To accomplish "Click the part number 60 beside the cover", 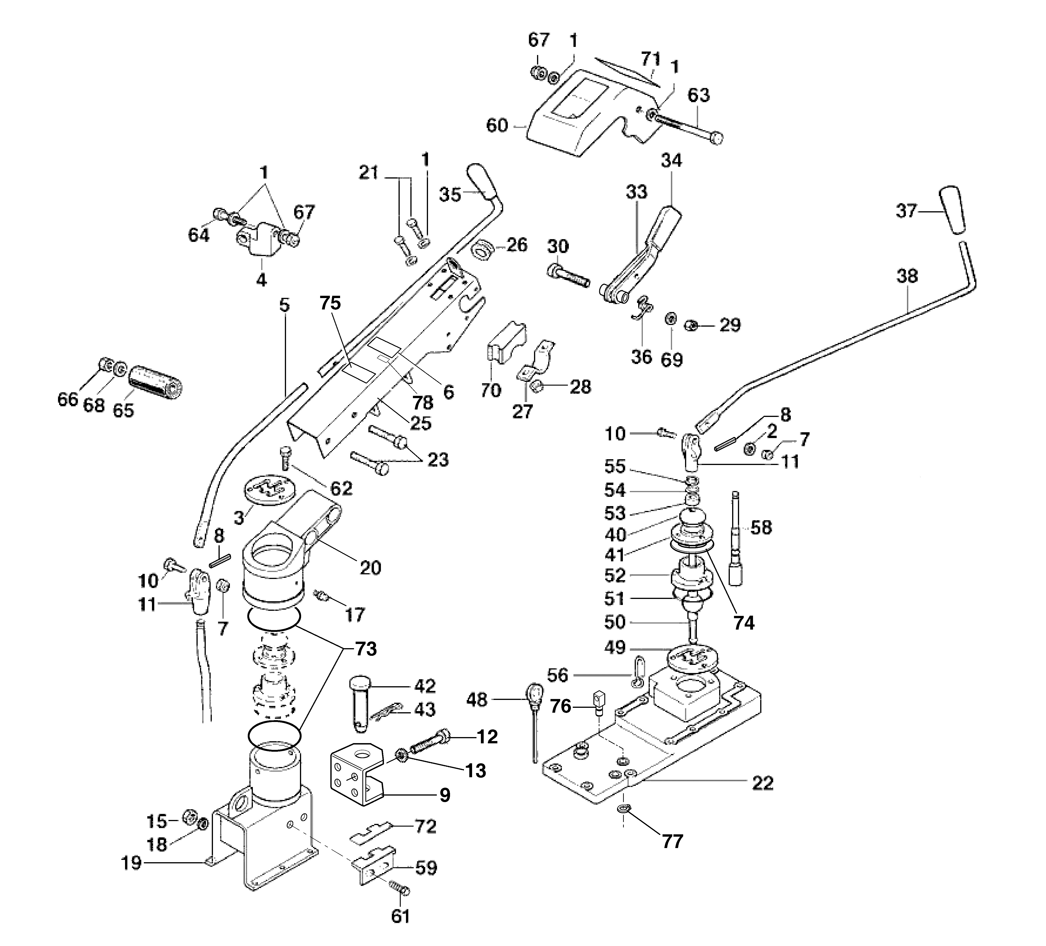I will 496,126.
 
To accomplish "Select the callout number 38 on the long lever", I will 907,276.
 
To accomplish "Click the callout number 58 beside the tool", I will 761,527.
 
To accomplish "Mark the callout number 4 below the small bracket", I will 261,280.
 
